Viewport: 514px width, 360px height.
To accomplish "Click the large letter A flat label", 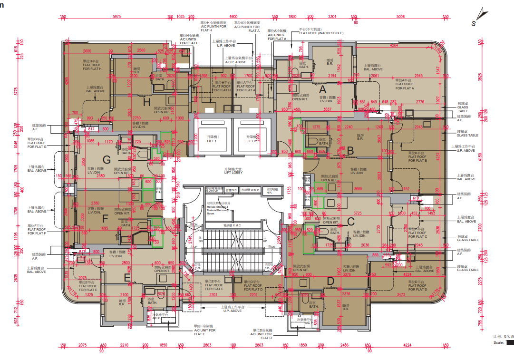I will [x=323, y=88].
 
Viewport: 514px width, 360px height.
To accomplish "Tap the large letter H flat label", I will [x=147, y=102].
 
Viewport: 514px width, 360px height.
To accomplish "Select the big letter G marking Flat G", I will [x=107, y=159].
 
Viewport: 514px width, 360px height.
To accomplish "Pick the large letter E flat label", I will [x=127, y=277].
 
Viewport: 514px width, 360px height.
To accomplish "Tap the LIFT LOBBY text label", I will [x=233, y=172].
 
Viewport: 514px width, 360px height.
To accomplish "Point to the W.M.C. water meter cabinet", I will [x=250, y=190].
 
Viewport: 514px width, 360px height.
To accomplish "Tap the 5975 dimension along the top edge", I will [x=116, y=17].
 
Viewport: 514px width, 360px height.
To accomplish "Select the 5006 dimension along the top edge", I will [x=400, y=17].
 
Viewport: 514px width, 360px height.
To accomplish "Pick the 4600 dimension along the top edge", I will [x=233, y=17].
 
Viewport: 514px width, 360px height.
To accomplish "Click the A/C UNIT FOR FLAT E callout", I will [x=204, y=329].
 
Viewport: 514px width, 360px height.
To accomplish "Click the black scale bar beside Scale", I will [x=509, y=342].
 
